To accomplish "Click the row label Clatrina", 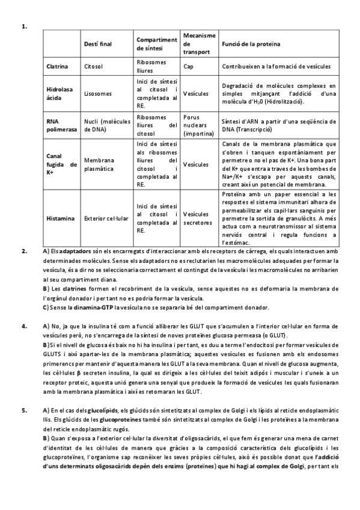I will point(57,66).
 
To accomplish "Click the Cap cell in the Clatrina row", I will point(188,66).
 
